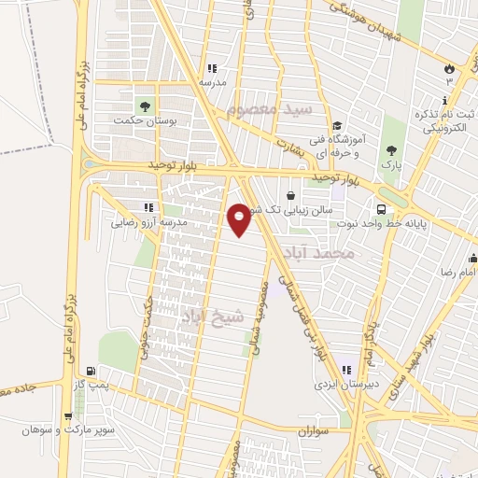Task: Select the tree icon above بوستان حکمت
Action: [x=144, y=105]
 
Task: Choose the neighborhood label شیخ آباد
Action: [x=214, y=316]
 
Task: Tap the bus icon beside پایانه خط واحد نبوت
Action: [x=381, y=209]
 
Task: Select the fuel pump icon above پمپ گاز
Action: [x=89, y=371]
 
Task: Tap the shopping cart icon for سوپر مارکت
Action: [x=68, y=416]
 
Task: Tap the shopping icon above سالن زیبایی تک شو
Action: [x=291, y=196]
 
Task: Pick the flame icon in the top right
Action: [x=449, y=68]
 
